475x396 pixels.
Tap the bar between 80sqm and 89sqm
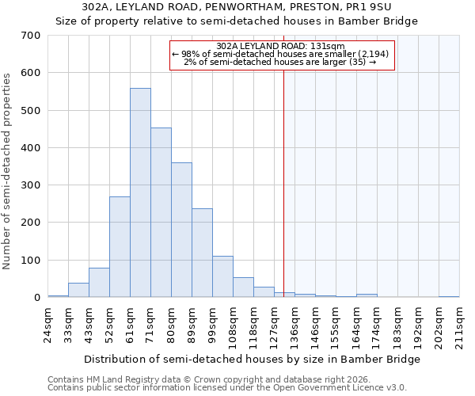click(181, 230)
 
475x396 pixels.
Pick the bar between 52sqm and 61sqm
click(120, 247)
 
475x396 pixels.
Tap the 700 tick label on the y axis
click(31, 36)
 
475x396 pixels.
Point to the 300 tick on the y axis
click(31, 185)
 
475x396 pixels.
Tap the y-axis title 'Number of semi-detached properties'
click(8, 170)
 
